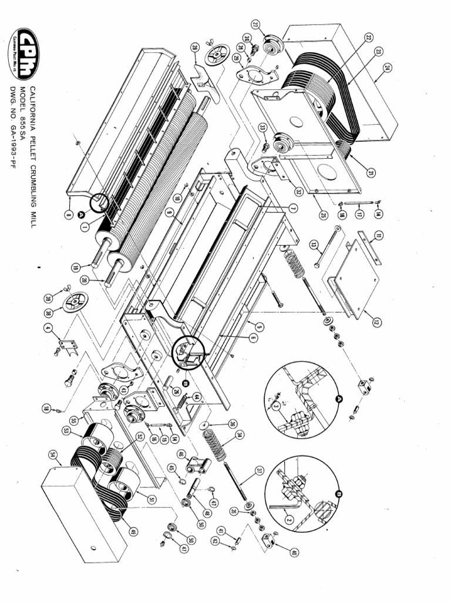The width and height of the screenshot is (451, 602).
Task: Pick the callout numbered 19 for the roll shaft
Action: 75,266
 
